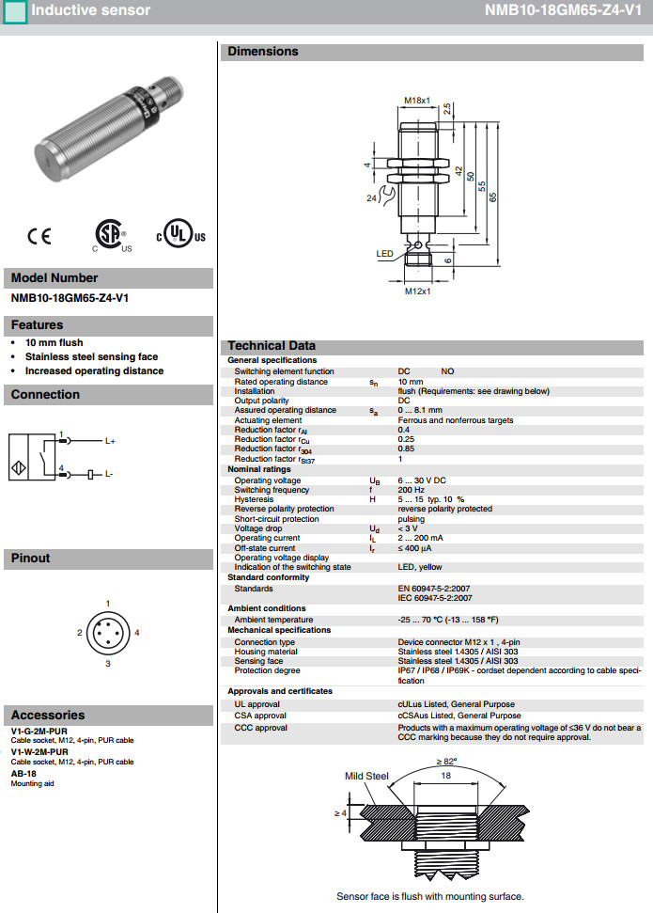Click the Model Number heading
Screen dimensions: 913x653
point(54,278)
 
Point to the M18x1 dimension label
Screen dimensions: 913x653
point(417,101)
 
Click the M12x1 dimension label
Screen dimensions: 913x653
point(417,291)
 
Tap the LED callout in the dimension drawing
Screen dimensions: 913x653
point(384,254)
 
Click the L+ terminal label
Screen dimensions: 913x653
point(110,440)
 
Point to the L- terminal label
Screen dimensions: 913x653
point(109,474)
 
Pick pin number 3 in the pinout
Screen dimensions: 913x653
point(108,664)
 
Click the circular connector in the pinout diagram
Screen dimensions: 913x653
point(108,633)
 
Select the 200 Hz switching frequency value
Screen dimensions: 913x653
point(411,490)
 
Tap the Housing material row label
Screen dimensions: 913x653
point(266,652)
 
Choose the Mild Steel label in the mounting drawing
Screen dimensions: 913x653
point(366,776)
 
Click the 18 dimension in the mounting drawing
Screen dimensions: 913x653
point(446,777)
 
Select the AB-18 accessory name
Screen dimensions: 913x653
point(23,773)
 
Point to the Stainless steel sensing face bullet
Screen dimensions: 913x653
point(91,357)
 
